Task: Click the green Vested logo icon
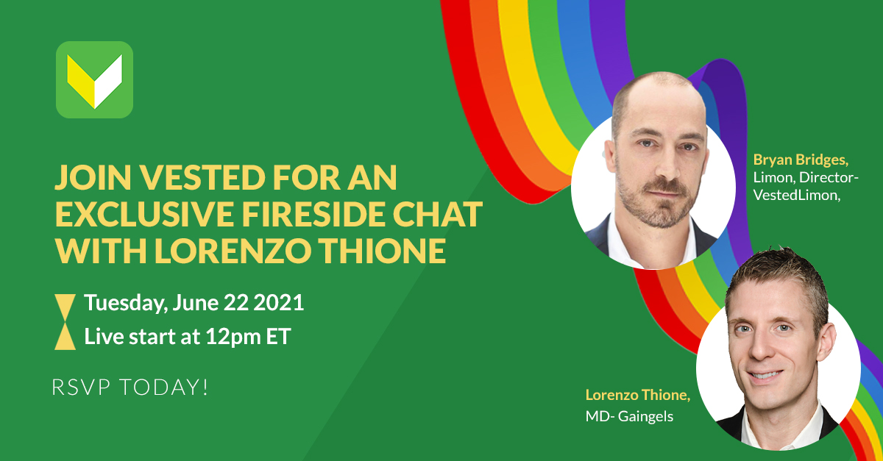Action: (94, 79)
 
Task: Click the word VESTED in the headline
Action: (202, 178)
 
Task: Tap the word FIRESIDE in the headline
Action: (313, 214)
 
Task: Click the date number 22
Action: (236, 303)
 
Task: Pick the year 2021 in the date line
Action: (279, 303)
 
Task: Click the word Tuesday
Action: (126, 304)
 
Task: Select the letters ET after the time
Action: (279, 337)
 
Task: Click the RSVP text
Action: (81, 387)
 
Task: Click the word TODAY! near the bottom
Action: (163, 387)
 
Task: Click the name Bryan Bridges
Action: (801, 160)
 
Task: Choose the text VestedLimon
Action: (797, 195)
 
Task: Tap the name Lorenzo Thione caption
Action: (638, 395)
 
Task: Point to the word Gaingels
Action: (646, 416)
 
